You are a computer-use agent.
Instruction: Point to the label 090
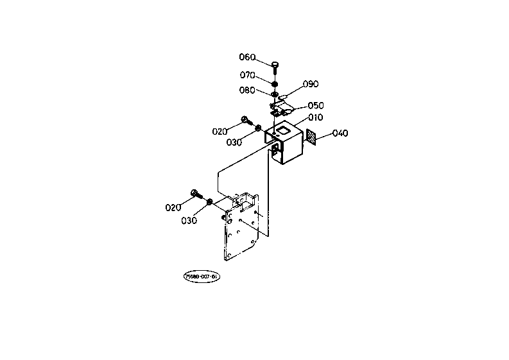click(311, 84)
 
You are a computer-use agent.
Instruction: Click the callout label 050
click(316, 105)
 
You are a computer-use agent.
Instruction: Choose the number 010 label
click(315, 117)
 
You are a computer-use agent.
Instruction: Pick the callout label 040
click(340, 133)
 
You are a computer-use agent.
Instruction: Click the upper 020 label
click(220, 132)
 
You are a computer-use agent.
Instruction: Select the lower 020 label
click(173, 207)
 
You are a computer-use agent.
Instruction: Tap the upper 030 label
click(234, 142)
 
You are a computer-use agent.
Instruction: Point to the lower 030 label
click(189, 220)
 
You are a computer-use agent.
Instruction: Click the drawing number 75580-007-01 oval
click(201, 277)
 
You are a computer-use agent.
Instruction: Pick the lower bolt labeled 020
click(196, 194)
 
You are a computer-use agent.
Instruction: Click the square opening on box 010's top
click(282, 129)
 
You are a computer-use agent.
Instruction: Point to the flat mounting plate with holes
click(241, 231)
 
